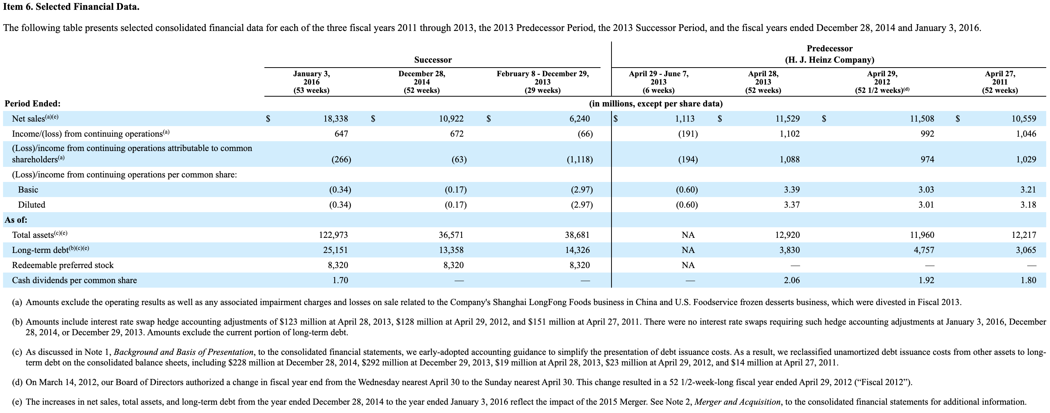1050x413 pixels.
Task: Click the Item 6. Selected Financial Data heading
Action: [x=71, y=7]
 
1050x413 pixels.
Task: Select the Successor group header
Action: [x=433, y=60]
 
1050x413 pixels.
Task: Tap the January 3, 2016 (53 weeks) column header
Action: [x=312, y=82]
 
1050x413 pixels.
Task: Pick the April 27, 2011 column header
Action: [x=1000, y=82]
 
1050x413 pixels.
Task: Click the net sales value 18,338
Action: [x=335, y=119]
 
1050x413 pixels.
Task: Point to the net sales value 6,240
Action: [x=579, y=119]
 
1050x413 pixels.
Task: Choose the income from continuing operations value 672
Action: [x=457, y=134]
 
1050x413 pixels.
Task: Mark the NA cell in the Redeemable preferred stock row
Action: [x=688, y=265]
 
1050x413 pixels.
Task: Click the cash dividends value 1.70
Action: [x=340, y=280]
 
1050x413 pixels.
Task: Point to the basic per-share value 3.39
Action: [x=792, y=190]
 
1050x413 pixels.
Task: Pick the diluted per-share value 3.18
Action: [x=1028, y=205]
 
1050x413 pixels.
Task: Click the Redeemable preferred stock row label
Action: [x=63, y=265]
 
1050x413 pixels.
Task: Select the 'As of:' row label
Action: [x=16, y=220]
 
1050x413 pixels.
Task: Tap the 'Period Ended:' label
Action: [x=32, y=103]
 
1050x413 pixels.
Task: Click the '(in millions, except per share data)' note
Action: [x=656, y=103]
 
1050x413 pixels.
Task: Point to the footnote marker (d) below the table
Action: [x=17, y=382]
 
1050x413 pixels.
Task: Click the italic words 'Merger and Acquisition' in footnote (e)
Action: [x=737, y=402]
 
